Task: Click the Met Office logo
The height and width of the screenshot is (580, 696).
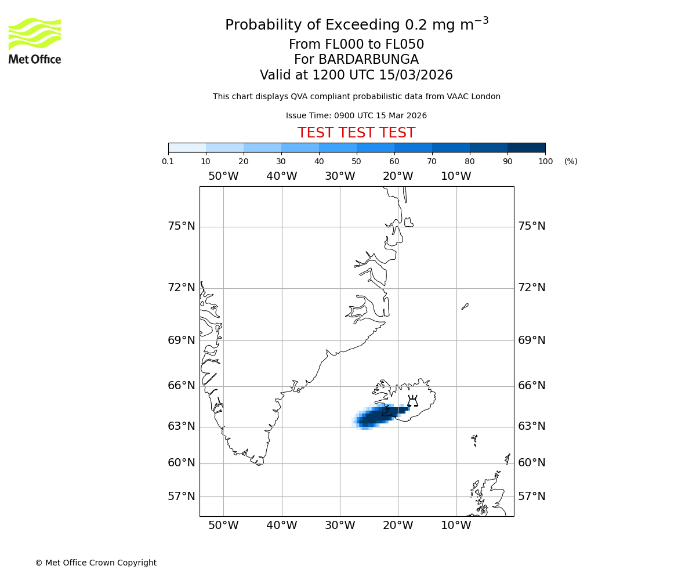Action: pyautogui.click(x=35, y=41)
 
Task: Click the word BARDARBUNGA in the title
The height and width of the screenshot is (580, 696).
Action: pyautogui.click(x=356, y=60)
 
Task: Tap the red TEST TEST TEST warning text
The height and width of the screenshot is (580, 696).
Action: pyautogui.click(x=356, y=133)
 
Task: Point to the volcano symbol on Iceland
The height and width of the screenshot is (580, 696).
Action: pyautogui.click(x=412, y=401)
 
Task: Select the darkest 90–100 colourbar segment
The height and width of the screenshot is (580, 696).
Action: pyautogui.click(x=526, y=147)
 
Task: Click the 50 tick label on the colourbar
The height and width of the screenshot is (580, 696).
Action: pyautogui.click(x=356, y=161)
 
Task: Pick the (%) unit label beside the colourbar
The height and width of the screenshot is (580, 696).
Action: pyautogui.click(x=571, y=161)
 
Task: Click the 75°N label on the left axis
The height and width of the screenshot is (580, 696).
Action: pyautogui.click(x=182, y=226)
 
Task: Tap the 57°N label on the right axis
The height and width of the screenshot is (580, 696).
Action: pyautogui.click(x=531, y=496)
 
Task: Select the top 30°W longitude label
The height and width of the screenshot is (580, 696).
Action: pyautogui.click(x=340, y=176)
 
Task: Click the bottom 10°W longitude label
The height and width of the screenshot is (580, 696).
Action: pyautogui.click(x=456, y=525)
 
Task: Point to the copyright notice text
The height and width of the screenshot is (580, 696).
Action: pyautogui.click(x=96, y=563)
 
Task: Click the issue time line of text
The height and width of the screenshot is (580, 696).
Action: pyautogui.click(x=356, y=116)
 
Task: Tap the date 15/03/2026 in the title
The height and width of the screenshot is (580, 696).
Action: pyautogui.click(x=416, y=75)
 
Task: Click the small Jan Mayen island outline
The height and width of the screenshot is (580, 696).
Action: pyautogui.click(x=465, y=306)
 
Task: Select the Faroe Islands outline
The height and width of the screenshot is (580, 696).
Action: pyautogui.click(x=474, y=440)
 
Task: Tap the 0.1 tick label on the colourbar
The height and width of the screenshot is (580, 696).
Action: pyautogui.click(x=168, y=161)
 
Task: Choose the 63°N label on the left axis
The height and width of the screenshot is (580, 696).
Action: pyautogui.click(x=182, y=426)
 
